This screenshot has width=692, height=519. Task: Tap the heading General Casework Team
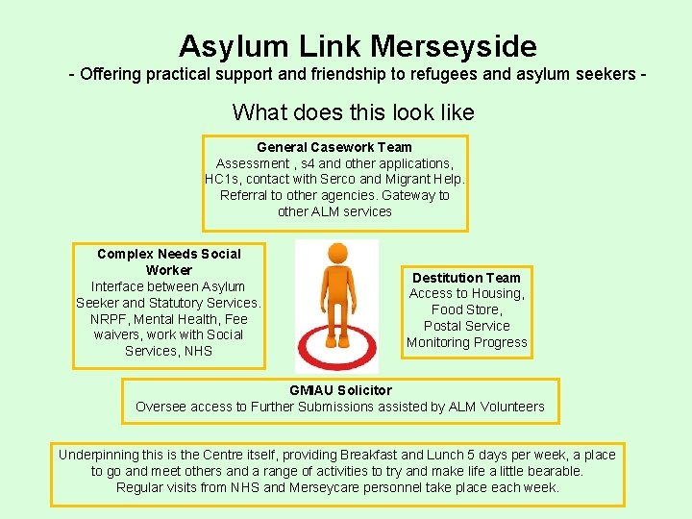tap(334, 147)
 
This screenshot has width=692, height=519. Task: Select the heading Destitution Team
tap(466, 278)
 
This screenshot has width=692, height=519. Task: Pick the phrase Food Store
tap(466, 309)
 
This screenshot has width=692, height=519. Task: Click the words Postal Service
tap(466, 326)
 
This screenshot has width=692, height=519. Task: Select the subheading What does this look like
tap(353, 112)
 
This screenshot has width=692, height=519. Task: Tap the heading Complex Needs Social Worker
tap(169, 261)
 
